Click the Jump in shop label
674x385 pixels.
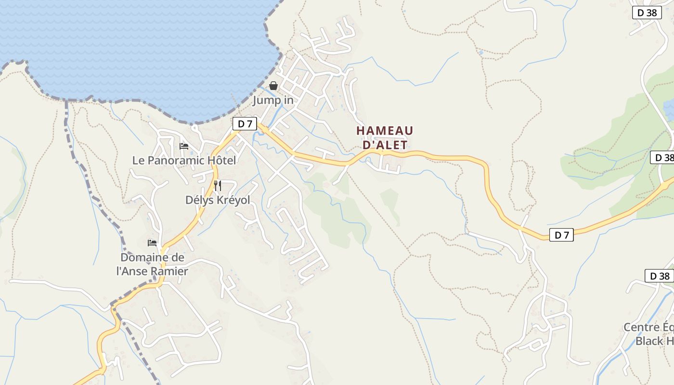pos(273,101)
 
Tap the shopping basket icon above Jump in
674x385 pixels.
pos(273,86)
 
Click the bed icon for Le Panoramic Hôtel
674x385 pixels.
pos(184,146)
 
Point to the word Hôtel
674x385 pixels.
pos(222,160)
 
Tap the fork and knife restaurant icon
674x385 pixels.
pos(218,185)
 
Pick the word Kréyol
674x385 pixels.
pos(233,200)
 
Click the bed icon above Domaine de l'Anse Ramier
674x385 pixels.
pos(152,243)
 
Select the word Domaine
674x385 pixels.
pos(140,257)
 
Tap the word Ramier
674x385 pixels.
pos(169,271)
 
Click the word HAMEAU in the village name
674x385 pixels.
pos(385,131)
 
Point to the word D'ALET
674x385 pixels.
pos(385,144)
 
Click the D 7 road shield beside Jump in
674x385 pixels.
pos(245,124)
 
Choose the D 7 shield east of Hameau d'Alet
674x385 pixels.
pos(561,235)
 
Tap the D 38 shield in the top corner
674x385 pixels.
pos(647,13)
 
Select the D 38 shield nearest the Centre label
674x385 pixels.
pos(659,276)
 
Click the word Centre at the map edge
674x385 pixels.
pos(642,327)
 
